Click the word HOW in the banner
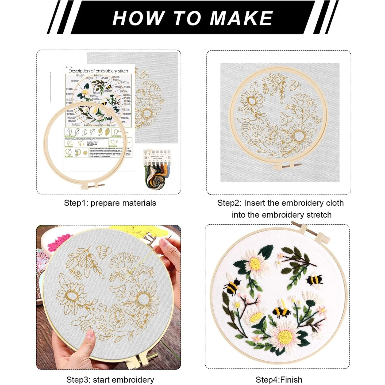(x=137, y=18)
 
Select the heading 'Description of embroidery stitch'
(x=98, y=71)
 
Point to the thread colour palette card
(x=157, y=156)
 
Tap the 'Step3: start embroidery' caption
(x=110, y=380)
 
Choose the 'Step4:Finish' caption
(x=279, y=380)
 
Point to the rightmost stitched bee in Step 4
(x=314, y=281)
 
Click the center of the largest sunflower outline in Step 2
(x=299, y=137)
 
